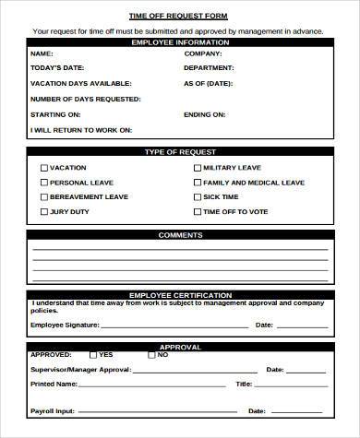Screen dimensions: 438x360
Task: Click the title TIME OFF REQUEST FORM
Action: (x=179, y=17)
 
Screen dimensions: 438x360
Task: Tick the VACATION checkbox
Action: (x=44, y=169)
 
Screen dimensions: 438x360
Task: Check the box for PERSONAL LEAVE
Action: (x=44, y=183)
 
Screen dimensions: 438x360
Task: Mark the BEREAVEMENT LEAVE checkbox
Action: (x=44, y=197)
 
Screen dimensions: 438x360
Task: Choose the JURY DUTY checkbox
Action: (x=44, y=212)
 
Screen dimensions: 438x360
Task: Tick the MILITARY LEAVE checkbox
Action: (x=197, y=169)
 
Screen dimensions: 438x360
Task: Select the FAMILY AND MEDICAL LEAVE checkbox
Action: (x=197, y=183)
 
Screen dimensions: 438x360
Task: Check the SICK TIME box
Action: (x=197, y=197)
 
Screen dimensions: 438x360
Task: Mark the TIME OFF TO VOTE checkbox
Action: (x=197, y=212)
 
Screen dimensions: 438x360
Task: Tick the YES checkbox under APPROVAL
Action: (x=92, y=354)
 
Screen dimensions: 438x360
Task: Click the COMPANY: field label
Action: (x=203, y=54)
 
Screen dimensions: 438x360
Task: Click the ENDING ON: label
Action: (x=204, y=114)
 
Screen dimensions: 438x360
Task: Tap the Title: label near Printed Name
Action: (x=244, y=384)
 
